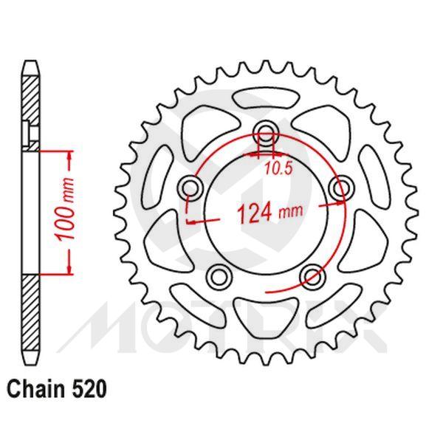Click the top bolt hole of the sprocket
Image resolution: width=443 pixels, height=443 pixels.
point(264,134)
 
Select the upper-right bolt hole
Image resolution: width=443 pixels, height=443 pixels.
point(340,188)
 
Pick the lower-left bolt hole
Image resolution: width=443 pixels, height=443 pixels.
point(218,276)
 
